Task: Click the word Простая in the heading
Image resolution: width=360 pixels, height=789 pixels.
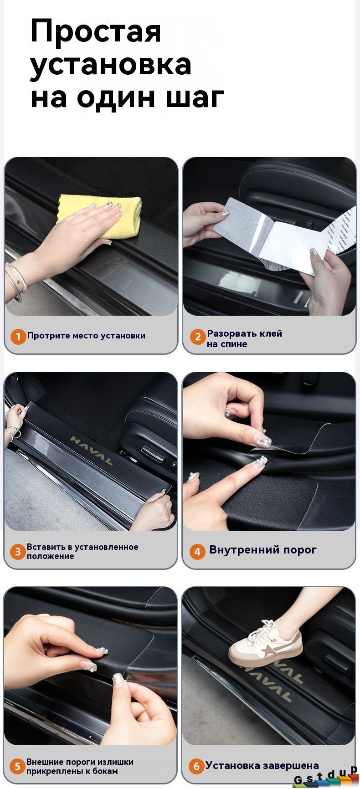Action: (96, 32)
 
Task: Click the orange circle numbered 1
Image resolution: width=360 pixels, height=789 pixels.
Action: (18, 337)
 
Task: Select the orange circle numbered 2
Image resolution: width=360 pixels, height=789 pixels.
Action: (197, 337)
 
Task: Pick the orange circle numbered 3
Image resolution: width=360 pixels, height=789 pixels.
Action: (18, 552)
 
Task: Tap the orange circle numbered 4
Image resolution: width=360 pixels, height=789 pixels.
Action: (197, 552)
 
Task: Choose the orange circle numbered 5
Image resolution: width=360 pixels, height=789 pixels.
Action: (17, 766)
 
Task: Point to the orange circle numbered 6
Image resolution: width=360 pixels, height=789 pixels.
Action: (196, 766)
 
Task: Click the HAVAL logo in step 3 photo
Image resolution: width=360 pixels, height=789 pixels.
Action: (91, 450)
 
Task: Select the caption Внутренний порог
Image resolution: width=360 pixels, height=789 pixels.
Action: (262, 550)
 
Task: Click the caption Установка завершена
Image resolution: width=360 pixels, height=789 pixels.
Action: (262, 765)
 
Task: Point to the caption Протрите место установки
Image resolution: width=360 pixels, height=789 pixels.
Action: (86, 336)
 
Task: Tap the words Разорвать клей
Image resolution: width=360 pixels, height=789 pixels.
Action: (245, 333)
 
